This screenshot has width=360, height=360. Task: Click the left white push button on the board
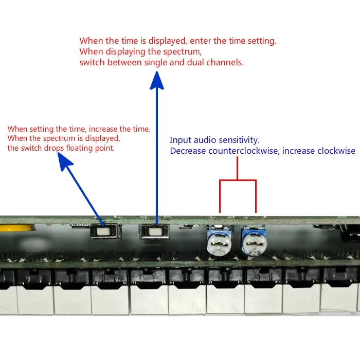(x=105, y=232)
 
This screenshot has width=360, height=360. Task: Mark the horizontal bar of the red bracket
(x=238, y=181)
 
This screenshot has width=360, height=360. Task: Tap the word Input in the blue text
(x=180, y=140)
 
